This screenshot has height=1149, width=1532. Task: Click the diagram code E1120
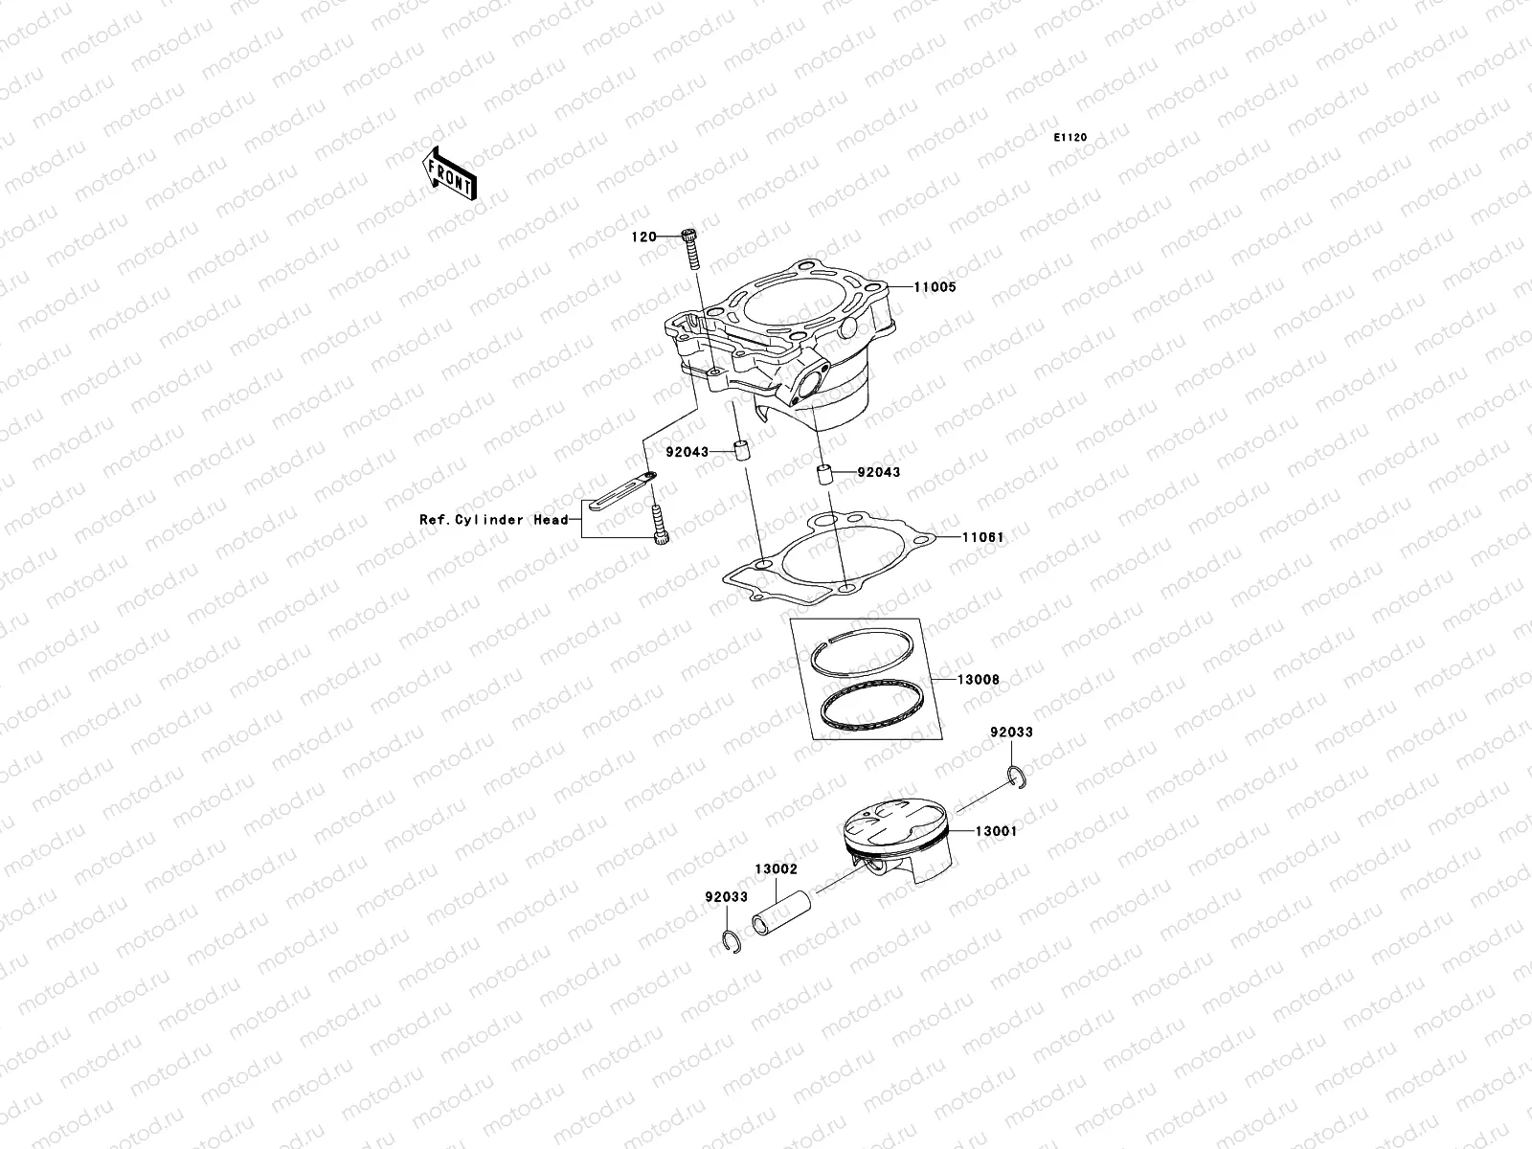pyautogui.click(x=1070, y=138)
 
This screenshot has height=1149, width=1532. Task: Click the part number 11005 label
pyautogui.click(x=935, y=287)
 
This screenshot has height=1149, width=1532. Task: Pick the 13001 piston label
pyautogui.click(x=996, y=832)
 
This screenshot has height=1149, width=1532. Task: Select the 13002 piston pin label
pyautogui.click(x=776, y=869)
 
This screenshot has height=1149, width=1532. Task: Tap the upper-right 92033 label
pyautogui.click(x=1012, y=732)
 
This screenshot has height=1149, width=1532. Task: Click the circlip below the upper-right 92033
pyautogui.click(x=1016, y=777)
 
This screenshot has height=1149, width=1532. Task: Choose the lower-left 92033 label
pyautogui.click(x=725, y=898)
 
